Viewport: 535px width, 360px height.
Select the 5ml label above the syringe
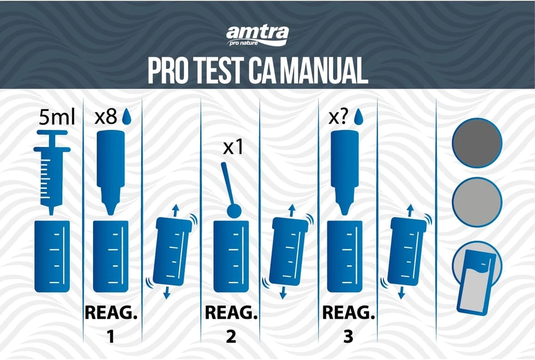coord(53,118)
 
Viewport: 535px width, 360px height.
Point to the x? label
coord(339,117)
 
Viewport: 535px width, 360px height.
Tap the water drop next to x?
coord(358,116)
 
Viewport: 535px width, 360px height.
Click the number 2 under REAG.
coord(230,337)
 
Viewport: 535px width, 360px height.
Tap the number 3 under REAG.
coord(348,337)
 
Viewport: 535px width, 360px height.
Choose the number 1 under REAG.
coord(110,337)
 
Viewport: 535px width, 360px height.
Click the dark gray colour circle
coord(477,143)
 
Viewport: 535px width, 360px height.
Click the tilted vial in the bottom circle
coord(475,282)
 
